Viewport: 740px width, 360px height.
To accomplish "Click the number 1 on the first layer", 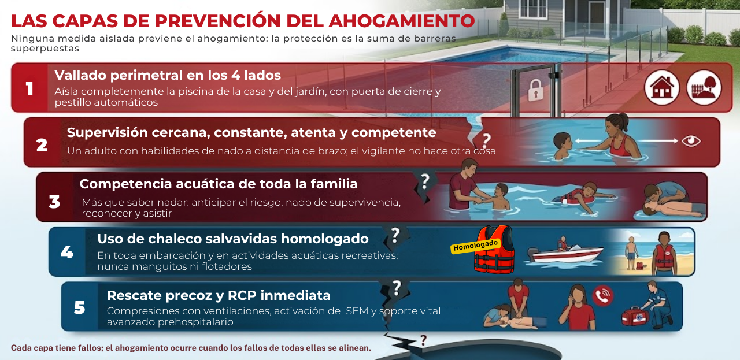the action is [x=29, y=88].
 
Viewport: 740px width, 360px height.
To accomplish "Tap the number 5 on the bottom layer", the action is [x=79, y=307].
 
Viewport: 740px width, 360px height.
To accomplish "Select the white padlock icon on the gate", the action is [x=535, y=90].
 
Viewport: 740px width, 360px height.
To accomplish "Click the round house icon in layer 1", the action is [x=662, y=87].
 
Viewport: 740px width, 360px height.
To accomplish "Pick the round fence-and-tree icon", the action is [x=704, y=87].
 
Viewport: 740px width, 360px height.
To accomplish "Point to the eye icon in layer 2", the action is [x=691, y=141].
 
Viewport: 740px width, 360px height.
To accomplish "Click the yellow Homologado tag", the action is [x=475, y=246].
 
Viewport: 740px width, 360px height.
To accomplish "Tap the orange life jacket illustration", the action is [x=494, y=250].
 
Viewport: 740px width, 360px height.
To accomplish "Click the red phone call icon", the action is [x=603, y=296].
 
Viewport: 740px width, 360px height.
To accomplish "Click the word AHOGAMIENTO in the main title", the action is [x=402, y=21].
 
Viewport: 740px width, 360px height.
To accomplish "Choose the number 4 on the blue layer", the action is [x=67, y=253].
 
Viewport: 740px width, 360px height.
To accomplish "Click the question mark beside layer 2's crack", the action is [x=486, y=140].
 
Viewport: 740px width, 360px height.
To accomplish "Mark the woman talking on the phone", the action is [x=577, y=307].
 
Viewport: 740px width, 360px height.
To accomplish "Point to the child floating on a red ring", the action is [x=582, y=198].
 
